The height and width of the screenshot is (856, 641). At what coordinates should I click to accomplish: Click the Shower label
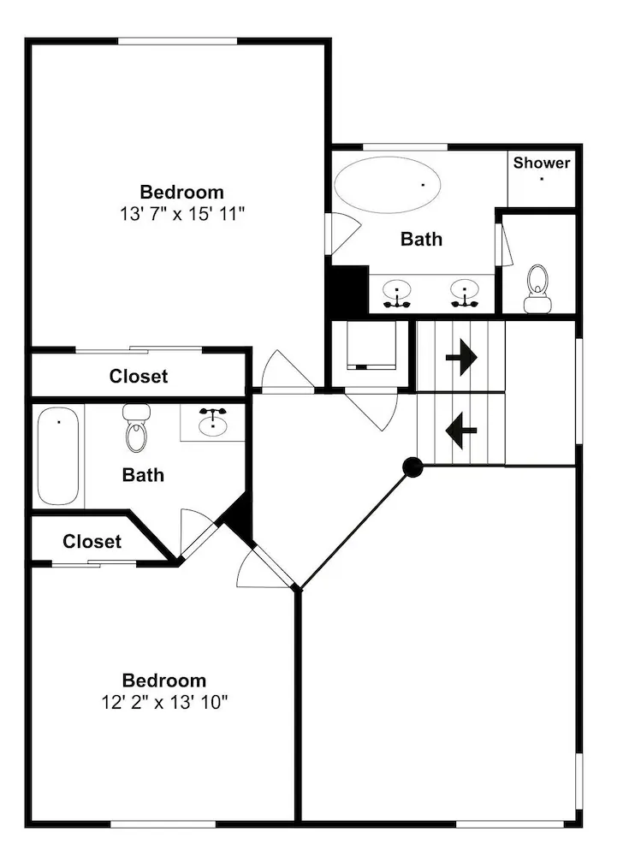541,163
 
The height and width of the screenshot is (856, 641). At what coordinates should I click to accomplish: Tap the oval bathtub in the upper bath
387,185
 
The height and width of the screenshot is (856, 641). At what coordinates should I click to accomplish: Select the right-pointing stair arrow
461,358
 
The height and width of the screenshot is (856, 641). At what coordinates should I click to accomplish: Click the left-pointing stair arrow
461,431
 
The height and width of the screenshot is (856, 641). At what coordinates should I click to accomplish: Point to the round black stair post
412,467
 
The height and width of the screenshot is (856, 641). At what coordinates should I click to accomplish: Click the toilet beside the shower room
537,288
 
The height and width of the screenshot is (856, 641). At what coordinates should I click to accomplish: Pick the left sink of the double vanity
397,293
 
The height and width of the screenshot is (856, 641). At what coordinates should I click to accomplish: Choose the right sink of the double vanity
465,293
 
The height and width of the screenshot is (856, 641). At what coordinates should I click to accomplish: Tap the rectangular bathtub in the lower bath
58,456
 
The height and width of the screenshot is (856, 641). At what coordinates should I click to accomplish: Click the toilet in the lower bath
136,428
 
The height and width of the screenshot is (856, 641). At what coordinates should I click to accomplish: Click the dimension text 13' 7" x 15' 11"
181,213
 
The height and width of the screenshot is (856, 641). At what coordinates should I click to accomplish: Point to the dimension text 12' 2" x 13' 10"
163,702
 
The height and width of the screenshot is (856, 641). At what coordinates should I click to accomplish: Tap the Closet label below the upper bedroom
139,376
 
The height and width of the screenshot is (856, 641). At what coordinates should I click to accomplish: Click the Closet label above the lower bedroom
92,542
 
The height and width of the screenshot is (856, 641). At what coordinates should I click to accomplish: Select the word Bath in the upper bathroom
421,239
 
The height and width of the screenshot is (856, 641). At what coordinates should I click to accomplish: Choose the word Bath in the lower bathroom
143,475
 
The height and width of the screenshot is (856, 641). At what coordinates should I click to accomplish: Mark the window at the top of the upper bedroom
177,41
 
